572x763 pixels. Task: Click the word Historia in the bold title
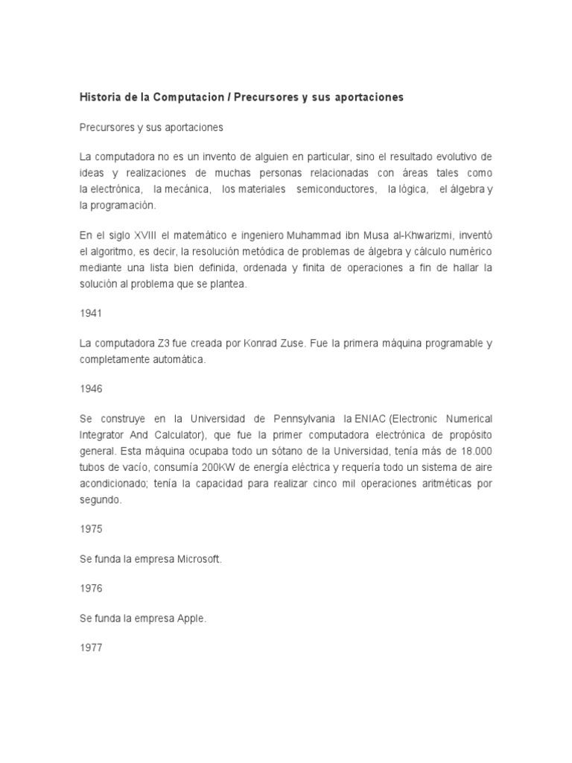[100, 98]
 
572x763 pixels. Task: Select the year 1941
[91, 314]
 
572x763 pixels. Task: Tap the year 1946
[91, 389]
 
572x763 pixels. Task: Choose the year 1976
[91, 588]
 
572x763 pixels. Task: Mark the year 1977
[91, 648]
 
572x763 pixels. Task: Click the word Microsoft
[200, 558]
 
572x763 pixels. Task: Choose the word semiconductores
[336, 190]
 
